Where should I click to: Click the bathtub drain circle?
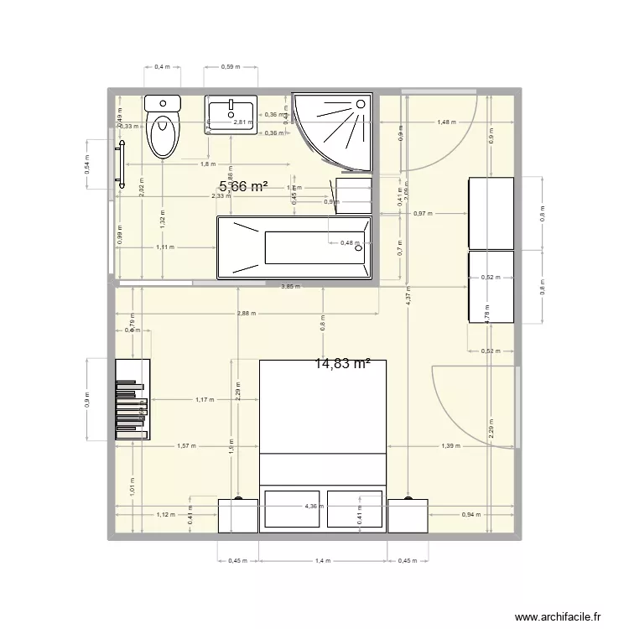click(x=358, y=247)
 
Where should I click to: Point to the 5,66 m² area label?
click(x=243, y=187)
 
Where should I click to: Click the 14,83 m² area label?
click(x=343, y=363)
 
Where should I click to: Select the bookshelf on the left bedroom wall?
click(x=133, y=400)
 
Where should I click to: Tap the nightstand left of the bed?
click(x=238, y=515)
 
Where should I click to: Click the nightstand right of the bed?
click(x=408, y=515)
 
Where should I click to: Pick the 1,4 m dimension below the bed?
click(x=323, y=561)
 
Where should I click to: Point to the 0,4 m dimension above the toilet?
click(x=163, y=66)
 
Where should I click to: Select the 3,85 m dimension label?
click(x=289, y=286)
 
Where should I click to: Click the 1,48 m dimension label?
click(x=447, y=122)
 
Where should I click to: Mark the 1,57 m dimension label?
click(x=186, y=446)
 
